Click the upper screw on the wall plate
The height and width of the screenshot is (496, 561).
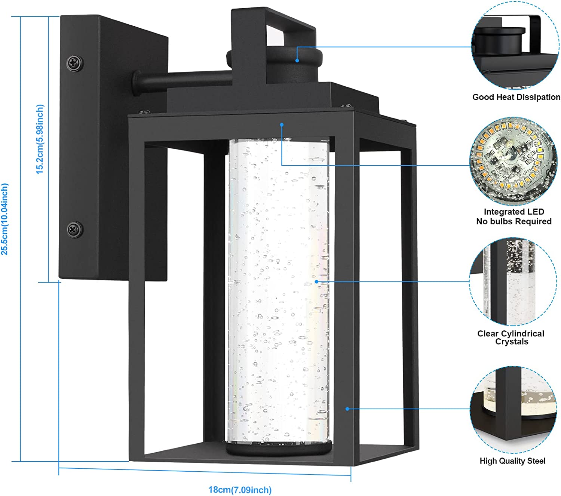coord(75,63)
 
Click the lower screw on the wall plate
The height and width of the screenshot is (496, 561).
coord(75,229)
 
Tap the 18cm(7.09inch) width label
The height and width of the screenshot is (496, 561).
coord(240,489)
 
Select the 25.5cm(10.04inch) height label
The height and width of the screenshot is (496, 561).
coord(5,219)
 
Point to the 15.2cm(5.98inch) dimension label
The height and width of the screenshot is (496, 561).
coord(40,139)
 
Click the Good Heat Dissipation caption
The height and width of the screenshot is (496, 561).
coord(516,97)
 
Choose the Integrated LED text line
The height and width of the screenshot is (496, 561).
coord(514,212)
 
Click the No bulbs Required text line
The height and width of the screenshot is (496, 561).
coord(514,222)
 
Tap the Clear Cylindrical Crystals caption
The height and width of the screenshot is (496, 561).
coord(511,337)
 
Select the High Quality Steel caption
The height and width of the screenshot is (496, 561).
coord(512,461)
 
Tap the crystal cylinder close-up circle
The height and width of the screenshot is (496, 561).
coord(513,282)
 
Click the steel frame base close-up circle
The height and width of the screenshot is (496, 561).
coord(513,409)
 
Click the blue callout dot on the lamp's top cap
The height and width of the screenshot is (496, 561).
coord(297,61)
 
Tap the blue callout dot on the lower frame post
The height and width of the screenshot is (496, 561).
coord(347,409)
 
